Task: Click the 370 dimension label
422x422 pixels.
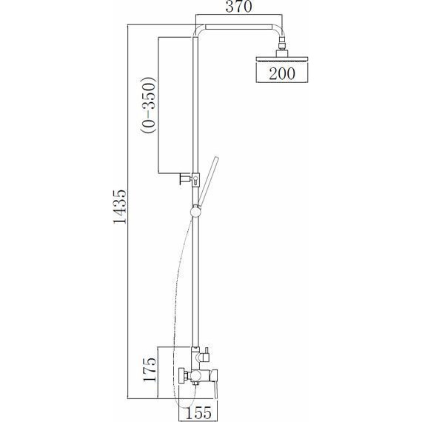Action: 239,7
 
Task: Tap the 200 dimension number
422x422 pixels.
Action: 282,73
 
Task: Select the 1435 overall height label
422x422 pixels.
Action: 119,207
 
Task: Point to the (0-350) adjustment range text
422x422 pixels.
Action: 148,105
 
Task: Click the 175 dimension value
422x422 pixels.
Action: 150,369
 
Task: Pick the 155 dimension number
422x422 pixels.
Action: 198,413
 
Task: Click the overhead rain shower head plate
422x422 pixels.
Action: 282,59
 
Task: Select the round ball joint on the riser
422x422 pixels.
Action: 195,212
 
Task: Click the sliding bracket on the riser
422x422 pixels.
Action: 195,180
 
